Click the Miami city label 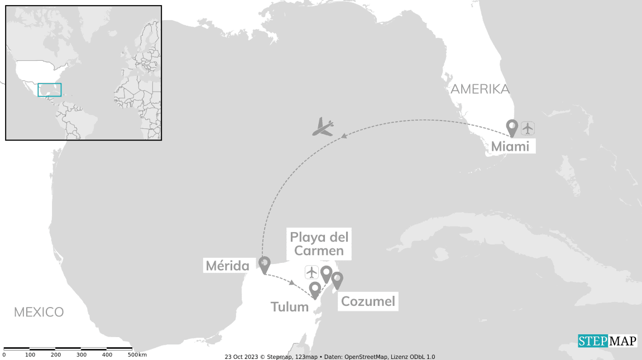(x=511, y=146)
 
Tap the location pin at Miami (x=511, y=128)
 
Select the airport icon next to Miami (x=528, y=128)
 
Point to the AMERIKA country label (x=480, y=89)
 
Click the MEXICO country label (x=39, y=312)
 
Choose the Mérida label (x=227, y=266)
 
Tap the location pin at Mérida (x=265, y=264)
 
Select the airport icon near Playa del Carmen (x=312, y=272)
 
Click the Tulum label (x=290, y=306)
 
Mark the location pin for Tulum (x=315, y=289)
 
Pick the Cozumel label (x=368, y=302)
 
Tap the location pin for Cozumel (x=337, y=279)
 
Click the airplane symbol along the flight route (x=323, y=127)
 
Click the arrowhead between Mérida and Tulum (x=292, y=282)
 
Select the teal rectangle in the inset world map (x=50, y=90)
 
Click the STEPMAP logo (x=607, y=341)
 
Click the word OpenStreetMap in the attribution (x=367, y=357)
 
